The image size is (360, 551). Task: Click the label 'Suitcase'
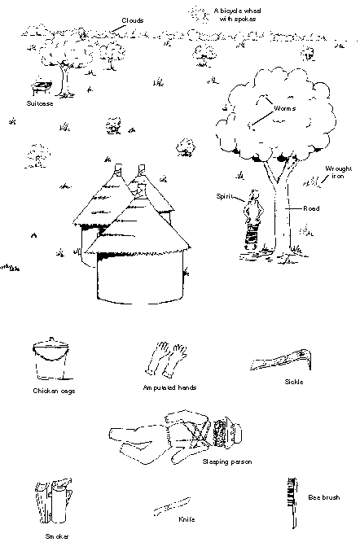40,103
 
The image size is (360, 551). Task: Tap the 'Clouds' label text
133,20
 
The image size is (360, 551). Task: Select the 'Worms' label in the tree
284,108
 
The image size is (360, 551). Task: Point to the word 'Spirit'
224,196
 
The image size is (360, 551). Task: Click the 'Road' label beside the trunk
311,208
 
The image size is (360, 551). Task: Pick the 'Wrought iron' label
338,173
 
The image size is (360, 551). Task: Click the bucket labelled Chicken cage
51,358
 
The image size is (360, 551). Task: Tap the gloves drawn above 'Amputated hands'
166,359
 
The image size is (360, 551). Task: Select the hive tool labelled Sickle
281,360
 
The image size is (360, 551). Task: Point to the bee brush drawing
292,502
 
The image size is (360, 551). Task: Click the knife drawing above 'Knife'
172,506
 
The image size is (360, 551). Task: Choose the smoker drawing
54,501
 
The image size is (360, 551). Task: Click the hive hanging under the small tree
42,86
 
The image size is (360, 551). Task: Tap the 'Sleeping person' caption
227,461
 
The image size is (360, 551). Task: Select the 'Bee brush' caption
324,497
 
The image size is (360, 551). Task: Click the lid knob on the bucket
51,339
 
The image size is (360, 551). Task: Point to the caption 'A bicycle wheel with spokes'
237,15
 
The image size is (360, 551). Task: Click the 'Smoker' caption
57,536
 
